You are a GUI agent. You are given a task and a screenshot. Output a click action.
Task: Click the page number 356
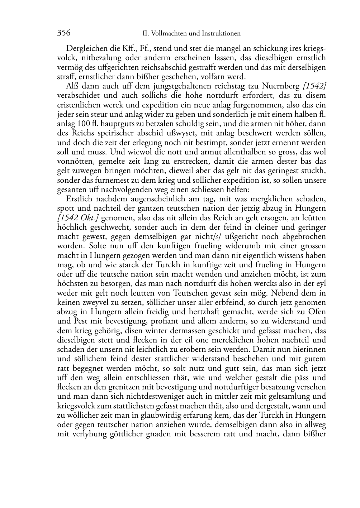[64, 33]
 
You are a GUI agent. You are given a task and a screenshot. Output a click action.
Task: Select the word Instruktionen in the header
[221, 34]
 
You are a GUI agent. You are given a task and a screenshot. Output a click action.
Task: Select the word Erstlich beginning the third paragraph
[79, 199]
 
